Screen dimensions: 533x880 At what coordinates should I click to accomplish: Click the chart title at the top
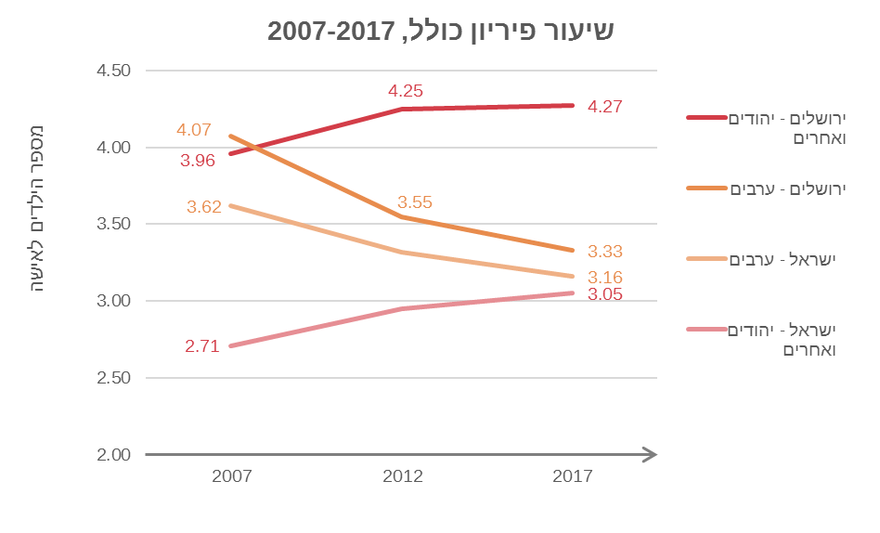pyautogui.click(x=440, y=31)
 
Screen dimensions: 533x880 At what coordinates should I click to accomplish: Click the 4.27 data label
pyautogui.click(x=604, y=107)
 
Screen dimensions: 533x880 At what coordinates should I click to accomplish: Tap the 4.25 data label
pyautogui.click(x=406, y=91)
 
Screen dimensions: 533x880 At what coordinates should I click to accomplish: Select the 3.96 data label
pyautogui.click(x=198, y=161)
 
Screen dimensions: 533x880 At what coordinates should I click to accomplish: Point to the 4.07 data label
pyautogui.click(x=194, y=130)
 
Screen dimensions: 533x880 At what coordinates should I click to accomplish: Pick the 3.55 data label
pyautogui.click(x=415, y=202)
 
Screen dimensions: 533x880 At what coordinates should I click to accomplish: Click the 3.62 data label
pyautogui.click(x=203, y=207)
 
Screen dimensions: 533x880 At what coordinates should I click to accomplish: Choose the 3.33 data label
pyautogui.click(x=604, y=251)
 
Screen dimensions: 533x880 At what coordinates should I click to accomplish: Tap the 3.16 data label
pyautogui.click(x=604, y=278)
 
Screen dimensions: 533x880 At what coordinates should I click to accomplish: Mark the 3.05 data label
pyautogui.click(x=604, y=295)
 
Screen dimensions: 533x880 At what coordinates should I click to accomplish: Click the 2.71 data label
pyautogui.click(x=201, y=347)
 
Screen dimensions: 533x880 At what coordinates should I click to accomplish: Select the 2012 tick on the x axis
pyautogui.click(x=403, y=477)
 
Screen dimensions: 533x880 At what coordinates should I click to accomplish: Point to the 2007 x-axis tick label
pyautogui.click(x=232, y=477)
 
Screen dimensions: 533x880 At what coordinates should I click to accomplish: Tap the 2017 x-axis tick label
pyautogui.click(x=573, y=477)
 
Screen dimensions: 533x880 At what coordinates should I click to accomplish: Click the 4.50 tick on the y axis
pyautogui.click(x=113, y=71)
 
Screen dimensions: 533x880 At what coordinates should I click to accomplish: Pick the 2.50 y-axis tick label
pyautogui.click(x=113, y=378)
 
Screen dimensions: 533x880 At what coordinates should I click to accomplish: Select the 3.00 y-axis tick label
pyautogui.click(x=113, y=301)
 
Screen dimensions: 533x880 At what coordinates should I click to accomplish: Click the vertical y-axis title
pyautogui.click(x=38, y=208)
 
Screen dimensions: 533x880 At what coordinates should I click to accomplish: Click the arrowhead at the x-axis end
pyautogui.click(x=650, y=455)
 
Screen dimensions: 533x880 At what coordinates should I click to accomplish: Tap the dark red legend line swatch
pyautogui.click(x=706, y=118)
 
